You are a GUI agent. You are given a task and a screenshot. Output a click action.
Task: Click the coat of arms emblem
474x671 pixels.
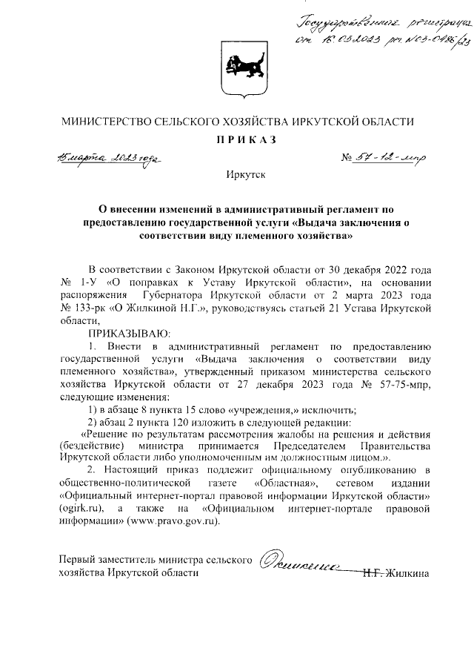(x=236, y=70)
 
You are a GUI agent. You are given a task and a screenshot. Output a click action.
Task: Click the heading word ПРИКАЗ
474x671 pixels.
(x=236, y=140)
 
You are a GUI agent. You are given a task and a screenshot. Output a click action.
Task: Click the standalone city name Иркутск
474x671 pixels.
(x=236, y=175)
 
